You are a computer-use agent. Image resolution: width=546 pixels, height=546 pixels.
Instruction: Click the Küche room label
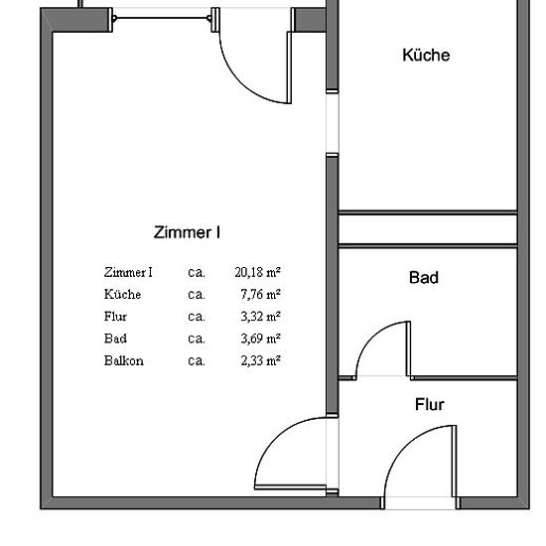point(426,55)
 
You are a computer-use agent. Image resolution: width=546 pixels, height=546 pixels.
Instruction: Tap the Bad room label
point(424,278)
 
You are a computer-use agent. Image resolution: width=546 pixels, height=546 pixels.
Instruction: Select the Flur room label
point(429,405)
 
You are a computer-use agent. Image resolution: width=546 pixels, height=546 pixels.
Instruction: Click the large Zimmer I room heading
point(187,232)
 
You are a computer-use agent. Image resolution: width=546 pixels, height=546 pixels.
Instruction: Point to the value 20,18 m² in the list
point(258,272)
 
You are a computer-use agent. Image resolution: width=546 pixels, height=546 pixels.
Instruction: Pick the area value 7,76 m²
point(260,294)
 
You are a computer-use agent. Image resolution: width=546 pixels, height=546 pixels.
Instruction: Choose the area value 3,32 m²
point(260,316)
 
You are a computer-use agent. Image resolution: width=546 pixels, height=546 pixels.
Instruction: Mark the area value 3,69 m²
point(260,339)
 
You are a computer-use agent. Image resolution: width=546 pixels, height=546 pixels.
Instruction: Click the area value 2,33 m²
point(260,360)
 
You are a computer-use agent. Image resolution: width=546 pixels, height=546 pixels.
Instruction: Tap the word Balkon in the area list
point(124,360)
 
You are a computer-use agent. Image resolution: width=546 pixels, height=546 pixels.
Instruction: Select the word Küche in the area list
point(122,294)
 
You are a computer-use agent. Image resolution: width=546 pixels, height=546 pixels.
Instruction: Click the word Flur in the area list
point(115,316)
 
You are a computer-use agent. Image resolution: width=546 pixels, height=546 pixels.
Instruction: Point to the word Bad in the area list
point(115,339)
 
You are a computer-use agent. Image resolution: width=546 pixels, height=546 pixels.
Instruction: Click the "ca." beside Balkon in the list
point(197,361)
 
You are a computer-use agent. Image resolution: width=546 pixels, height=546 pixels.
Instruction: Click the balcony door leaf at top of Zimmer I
point(289,68)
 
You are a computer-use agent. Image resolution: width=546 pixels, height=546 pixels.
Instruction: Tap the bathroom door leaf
point(408,348)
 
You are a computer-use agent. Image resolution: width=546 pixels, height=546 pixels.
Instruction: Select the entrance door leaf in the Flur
point(454,461)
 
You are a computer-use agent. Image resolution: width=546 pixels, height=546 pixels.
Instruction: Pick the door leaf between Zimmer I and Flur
point(290,487)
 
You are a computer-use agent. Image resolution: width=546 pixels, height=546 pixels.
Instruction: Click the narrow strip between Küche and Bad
point(428,229)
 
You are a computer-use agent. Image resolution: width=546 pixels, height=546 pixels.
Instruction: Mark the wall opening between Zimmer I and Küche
point(333,123)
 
